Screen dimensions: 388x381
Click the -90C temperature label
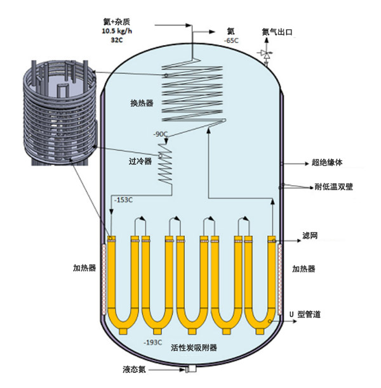[x=160, y=134]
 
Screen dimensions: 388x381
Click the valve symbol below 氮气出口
[x=265, y=55]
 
